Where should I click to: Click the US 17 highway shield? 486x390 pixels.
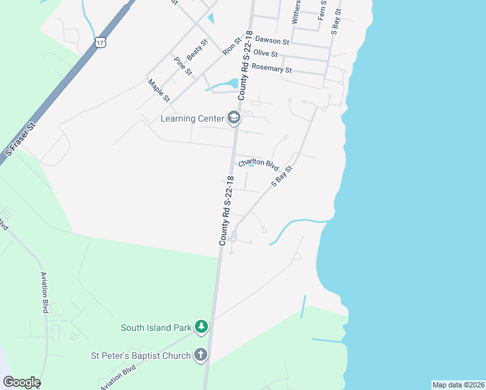coord(99,42)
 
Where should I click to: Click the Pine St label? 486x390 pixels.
coord(183,66)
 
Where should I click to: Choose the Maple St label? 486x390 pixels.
coord(159,90)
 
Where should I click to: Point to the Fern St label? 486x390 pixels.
coord(321,10)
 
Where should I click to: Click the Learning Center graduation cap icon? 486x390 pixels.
coord(234,118)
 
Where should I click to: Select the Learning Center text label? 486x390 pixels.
coord(192,118)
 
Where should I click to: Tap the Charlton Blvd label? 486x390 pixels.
coord(258,164)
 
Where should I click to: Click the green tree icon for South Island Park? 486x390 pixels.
coord(201,327)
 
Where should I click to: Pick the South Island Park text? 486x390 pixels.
coord(156,328)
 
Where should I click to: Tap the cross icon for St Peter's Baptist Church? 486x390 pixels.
coord(201,355)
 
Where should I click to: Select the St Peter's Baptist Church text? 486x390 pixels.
coord(140,356)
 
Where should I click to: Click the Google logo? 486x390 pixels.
coord(21,382)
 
